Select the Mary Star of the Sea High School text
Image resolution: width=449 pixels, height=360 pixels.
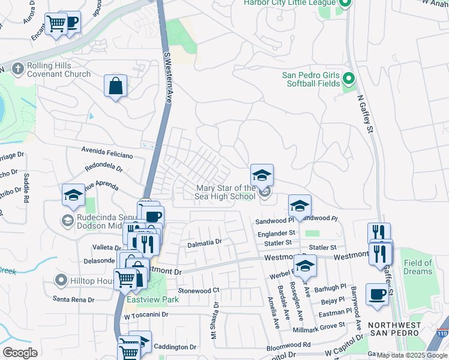pyautogui.click(x=226, y=192)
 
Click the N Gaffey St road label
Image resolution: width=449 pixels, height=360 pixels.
pyautogui.click(x=366, y=109)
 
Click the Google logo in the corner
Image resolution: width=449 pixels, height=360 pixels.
pyautogui.click(x=20, y=353)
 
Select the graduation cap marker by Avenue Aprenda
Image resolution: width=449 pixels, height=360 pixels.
pyautogui.click(x=73, y=195)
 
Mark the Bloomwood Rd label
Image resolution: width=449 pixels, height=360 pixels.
pyautogui.click(x=288, y=345)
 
